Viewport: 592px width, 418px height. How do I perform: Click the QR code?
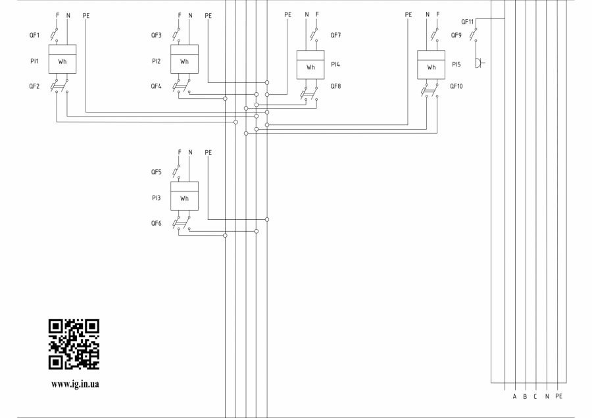pos(74,344)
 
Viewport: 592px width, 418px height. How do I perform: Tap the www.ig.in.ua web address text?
pos(75,384)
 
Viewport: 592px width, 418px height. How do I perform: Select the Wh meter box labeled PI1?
pos(62,59)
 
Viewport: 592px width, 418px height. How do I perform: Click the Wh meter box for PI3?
pos(184,196)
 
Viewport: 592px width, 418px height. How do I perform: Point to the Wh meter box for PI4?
pos(310,65)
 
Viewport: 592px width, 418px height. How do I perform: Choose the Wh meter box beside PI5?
pos(431,65)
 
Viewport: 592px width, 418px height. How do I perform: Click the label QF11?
pos(468,22)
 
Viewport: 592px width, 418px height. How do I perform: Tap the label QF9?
pos(456,35)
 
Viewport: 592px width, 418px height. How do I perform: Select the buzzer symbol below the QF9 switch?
pos(480,63)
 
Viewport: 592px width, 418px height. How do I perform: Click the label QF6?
pos(157,223)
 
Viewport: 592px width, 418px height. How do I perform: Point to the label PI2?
pos(157,61)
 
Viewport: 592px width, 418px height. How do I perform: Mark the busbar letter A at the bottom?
pos(514,396)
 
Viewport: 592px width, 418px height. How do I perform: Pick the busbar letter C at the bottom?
pos(535,396)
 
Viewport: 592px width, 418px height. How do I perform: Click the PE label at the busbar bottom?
pos(558,396)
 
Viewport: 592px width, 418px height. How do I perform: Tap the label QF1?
pos(34,35)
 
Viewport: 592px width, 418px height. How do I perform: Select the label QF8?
pos(335,86)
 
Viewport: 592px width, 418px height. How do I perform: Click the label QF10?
pos(456,86)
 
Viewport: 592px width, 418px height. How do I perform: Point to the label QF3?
pos(157,35)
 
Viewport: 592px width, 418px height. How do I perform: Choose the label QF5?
pos(157,172)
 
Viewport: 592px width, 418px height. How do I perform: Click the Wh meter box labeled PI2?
pos(184,59)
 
